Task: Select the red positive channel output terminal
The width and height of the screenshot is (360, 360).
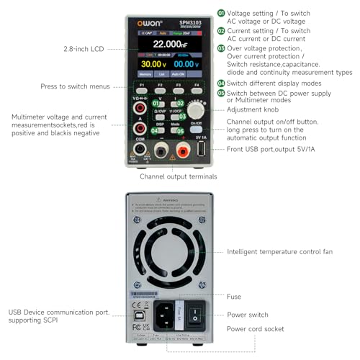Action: pos(182,150)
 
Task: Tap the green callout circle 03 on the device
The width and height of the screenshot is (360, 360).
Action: pos(181,115)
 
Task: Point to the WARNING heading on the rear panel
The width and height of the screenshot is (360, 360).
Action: pos(171,203)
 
